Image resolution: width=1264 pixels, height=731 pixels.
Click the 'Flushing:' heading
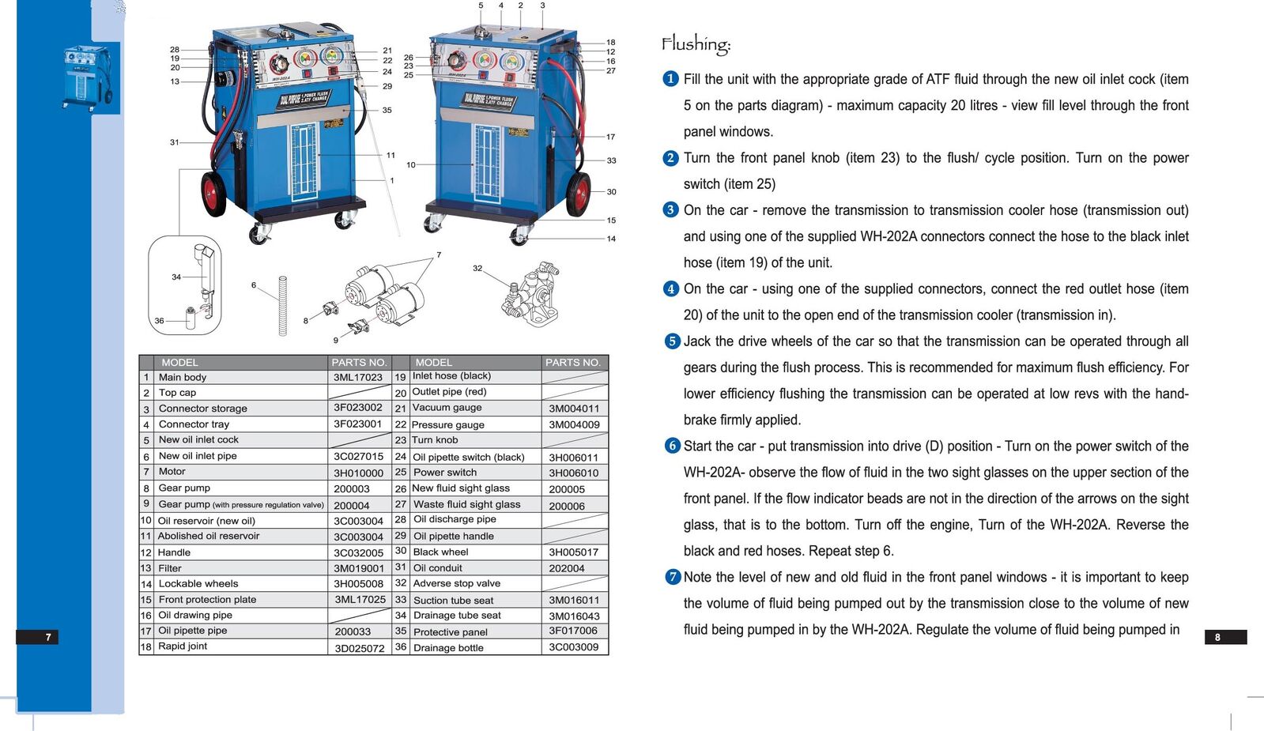tap(696, 44)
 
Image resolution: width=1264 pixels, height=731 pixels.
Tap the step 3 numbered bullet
tap(670, 210)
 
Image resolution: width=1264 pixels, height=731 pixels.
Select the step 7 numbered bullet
tap(672, 577)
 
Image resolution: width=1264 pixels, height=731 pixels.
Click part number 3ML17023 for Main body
tap(357, 377)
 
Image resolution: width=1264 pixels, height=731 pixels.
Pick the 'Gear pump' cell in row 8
tap(184, 488)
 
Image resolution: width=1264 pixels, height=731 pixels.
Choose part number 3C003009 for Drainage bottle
tap(573, 647)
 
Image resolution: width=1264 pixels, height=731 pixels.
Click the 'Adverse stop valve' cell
tap(456, 583)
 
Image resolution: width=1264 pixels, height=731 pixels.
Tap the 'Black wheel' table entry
tap(440, 552)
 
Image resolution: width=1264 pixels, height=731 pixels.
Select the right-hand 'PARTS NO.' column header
tap(573, 362)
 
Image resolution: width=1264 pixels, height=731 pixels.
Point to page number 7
tap(48, 637)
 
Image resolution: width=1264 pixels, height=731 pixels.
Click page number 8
tap(1217, 637)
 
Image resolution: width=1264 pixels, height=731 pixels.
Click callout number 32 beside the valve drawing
tap(477, 269)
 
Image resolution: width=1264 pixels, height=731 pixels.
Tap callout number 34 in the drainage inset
tap(176, 277)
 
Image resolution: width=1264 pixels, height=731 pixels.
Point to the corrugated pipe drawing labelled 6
tap(282, 306)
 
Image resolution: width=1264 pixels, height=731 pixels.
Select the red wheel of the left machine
tap(213, 193)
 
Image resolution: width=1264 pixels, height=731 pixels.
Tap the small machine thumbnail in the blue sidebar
tap(87, 77)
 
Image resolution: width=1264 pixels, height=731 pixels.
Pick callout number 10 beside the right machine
tap(411, 165)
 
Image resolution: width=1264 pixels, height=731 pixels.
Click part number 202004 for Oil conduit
tap(567, 568)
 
